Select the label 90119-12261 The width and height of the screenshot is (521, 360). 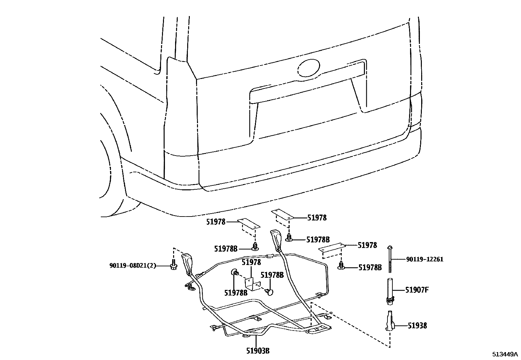point(425,259)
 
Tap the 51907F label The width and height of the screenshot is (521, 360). point(417,290)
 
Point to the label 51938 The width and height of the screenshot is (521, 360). point(417,326)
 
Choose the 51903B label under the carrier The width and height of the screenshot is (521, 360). point(258,351)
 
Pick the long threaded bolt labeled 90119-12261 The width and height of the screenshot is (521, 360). point(390,259)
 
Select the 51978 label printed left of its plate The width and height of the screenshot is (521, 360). point(216,222)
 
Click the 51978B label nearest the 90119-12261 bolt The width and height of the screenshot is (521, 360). point(370,268)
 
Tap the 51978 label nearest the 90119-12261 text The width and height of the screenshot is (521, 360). point(367,245)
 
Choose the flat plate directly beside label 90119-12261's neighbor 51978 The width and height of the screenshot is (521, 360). point(332,248)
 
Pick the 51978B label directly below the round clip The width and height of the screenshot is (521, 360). point(236,293)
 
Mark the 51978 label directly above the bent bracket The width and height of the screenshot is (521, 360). point(251,262)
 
